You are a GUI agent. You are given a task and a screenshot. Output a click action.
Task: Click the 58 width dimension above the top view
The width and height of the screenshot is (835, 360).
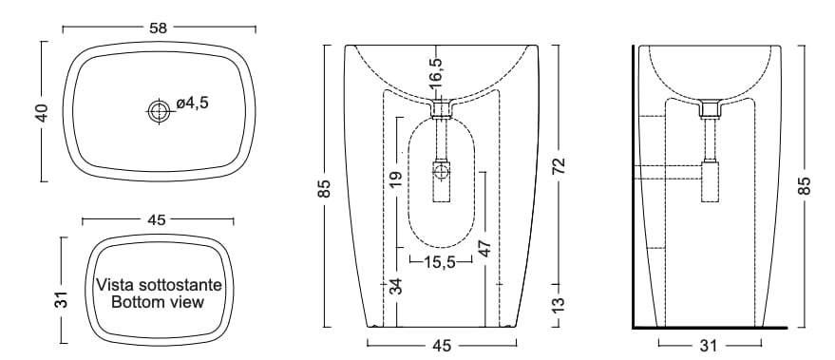tap(158, 28)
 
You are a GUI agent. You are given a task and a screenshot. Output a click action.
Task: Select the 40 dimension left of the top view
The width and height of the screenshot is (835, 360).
tap(42, 112)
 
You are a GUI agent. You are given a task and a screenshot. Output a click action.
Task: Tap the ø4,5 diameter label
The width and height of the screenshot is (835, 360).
tap(192, 103)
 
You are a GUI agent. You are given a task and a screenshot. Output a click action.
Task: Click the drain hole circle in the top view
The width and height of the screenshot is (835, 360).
tap(158, 111)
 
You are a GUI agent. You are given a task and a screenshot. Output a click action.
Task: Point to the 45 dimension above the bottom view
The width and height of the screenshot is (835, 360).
tap(158, 219)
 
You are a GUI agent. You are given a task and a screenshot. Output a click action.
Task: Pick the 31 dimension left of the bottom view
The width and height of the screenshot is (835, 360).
tap(62, 299)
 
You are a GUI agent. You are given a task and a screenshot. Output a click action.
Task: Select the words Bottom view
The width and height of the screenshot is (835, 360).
tap(158, 302)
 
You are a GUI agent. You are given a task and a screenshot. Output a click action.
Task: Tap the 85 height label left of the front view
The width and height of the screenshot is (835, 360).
tap(324, 188)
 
